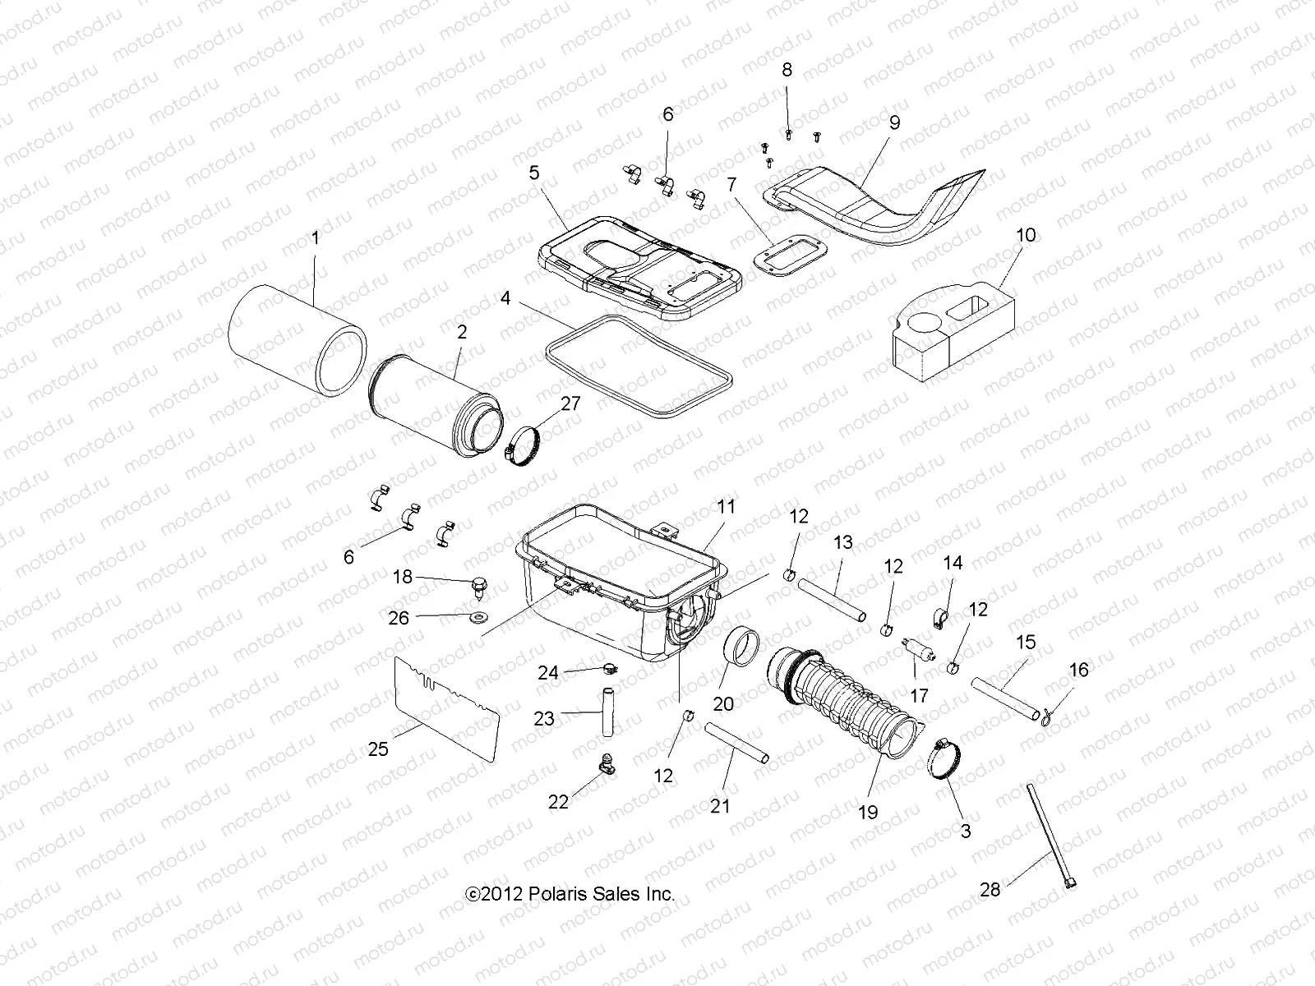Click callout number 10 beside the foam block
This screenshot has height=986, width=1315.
(1026, 236)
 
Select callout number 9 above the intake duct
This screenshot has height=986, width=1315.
(894, 122)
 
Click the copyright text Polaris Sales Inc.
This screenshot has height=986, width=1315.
(570, 894)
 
